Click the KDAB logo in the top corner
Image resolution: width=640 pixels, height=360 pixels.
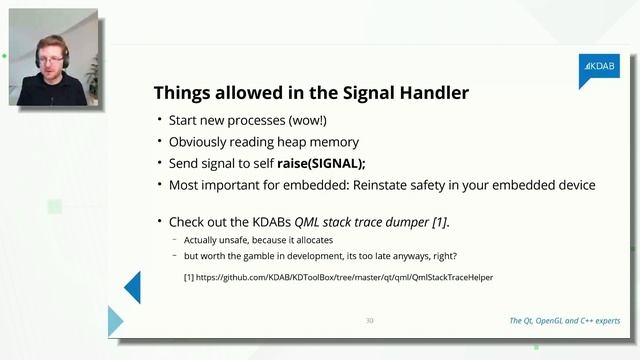pos(599,68)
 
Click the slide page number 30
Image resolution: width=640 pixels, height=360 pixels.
pos(369,321)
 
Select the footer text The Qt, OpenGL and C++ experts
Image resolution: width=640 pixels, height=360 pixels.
pos(564,321)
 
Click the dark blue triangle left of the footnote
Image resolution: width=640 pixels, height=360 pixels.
pos(133,287)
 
